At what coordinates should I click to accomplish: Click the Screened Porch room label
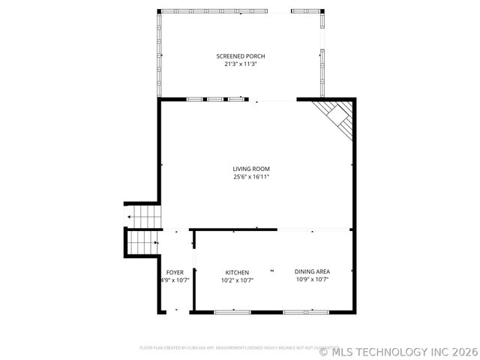[240, 56]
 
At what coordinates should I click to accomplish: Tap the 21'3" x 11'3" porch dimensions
[240, 64]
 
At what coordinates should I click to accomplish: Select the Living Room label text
[250, 169]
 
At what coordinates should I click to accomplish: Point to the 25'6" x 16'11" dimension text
[250, 177]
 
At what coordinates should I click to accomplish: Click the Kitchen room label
[237, 272]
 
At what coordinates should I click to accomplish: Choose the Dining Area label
[312, 271]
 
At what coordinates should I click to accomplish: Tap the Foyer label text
[175, 272]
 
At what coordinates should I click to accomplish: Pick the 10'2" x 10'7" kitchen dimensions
[237, 280]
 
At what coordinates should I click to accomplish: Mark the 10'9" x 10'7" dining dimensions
[312, 280]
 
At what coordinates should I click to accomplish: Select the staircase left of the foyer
[142, 242]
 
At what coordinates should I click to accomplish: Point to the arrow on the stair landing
[130, 217]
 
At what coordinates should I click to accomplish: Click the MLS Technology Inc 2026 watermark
[397, 350]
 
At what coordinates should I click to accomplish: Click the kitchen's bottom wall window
[234, 311]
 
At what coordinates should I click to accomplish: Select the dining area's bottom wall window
[305, 311]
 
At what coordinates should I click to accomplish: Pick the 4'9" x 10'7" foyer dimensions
[175, 280]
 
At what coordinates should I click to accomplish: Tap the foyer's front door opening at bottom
[175, 311]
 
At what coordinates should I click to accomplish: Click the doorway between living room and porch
[271, 99]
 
